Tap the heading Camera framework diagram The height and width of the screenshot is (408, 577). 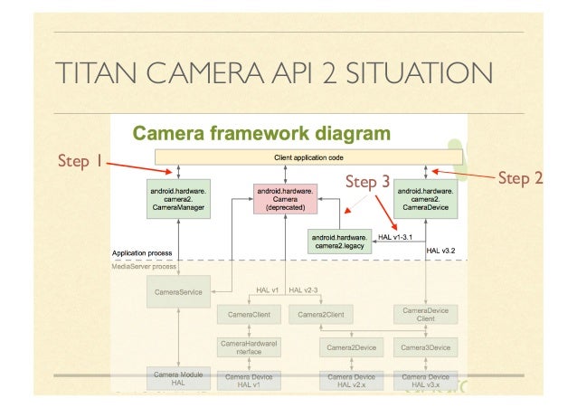click(x=263, y=135)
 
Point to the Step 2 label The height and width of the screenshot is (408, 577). click(x=520, y=178)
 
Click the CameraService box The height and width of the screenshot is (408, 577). click(x=178, y=291)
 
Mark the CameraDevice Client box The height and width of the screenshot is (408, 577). click(x=426, y=314)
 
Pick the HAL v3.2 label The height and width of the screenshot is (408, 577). click(x=440, y=251)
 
